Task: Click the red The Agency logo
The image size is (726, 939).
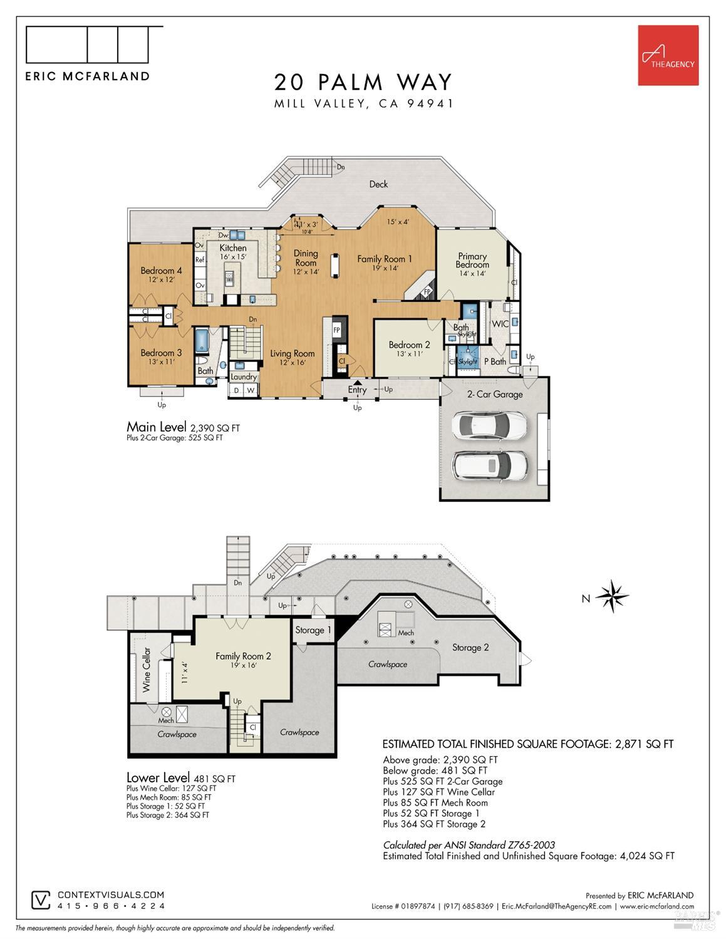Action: coord(668,55)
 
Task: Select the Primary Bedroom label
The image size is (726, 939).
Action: coord(472,260)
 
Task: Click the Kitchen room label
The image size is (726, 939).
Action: coord(233,248)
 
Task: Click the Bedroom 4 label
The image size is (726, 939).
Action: coord(161,271)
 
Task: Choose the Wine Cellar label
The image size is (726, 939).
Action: coord(147,669)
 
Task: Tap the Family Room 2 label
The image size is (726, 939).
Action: coord(243,656)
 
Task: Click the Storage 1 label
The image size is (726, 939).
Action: coord(309,630)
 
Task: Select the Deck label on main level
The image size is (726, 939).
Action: coord(378,184)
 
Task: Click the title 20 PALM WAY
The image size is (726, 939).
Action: coord(363,82)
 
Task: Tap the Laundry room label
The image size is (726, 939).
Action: coord(244,376)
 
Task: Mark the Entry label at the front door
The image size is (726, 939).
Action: coord(357,390)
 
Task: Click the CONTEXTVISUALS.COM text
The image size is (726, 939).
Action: coord(111,895)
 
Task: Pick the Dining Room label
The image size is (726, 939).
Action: coord(306,258)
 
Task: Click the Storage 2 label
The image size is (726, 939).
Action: coord(470,648)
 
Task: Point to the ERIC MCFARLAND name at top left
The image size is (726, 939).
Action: coord(87,76)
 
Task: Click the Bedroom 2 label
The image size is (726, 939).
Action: coord(409,345)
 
